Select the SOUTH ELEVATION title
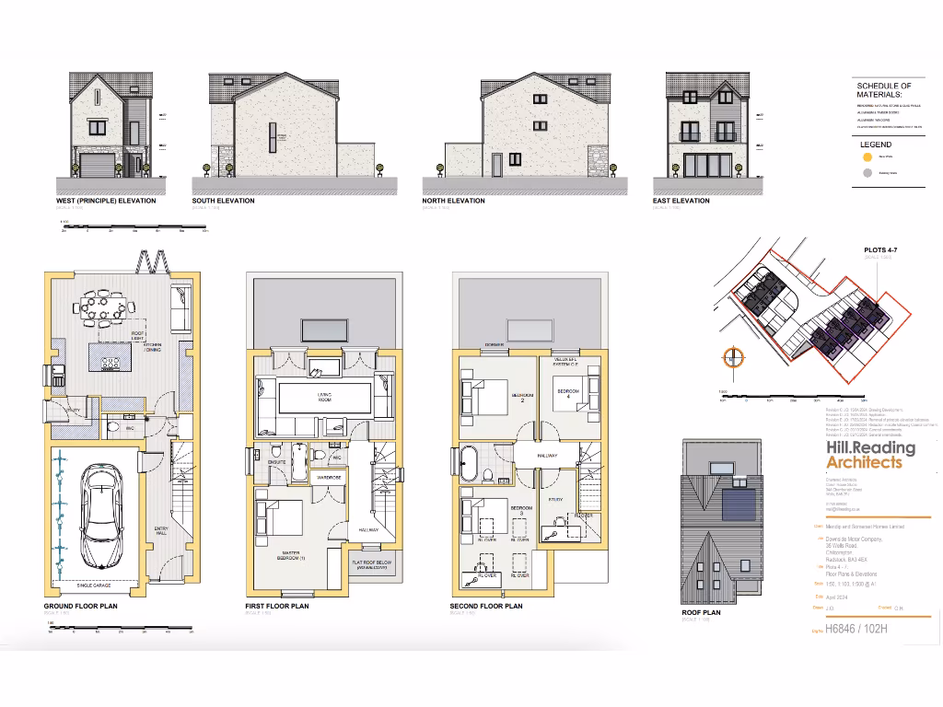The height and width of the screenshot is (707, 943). coord(223,201)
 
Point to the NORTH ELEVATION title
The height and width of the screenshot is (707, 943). coord(453,201)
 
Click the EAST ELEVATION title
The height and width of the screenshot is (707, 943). coord(681,201)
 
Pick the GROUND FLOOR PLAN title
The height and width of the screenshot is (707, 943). coord(80,607)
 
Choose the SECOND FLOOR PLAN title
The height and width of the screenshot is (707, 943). coord(485,607)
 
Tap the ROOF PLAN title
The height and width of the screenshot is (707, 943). coord(701,611)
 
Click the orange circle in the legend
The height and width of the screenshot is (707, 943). coord(865,157)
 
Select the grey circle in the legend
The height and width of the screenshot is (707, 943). coord(865,172)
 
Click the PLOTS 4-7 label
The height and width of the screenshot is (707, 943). coord(883,249)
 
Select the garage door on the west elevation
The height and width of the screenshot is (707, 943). coord(97,166)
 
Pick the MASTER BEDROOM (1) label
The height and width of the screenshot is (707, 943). coord(291,557)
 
